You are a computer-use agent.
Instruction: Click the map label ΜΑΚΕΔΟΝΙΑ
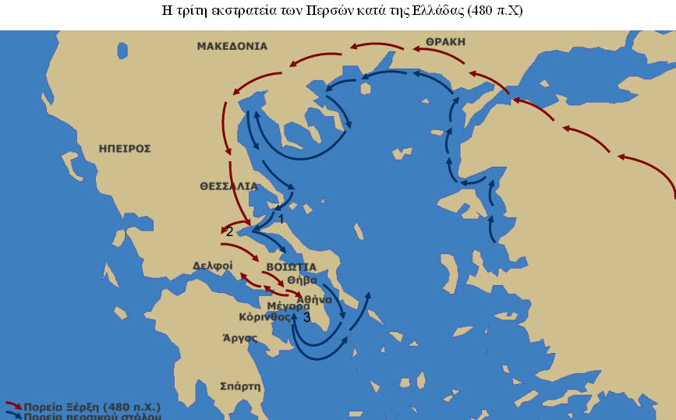[x=232, y=46]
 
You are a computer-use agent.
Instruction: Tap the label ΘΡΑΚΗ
[x=445, y=41]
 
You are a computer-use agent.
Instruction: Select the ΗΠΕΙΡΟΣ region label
[x=125, y=147]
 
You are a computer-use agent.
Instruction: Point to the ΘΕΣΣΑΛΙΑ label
[x=228, y=186]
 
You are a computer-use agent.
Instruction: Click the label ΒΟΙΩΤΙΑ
[x=291, y=266]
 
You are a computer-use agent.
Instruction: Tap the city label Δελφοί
[x=213, y=266]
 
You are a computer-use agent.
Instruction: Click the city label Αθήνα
[x=314, y=299]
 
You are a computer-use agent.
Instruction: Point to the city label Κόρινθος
[x=265, y=317]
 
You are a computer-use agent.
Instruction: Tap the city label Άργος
[x=240, y=338]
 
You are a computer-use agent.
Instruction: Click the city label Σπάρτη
[x=242, y=386]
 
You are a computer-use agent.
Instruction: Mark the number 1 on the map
[x=281, y=220]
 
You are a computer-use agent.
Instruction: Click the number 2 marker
[x=228, y=231]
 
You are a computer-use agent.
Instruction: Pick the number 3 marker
[x=306, y=318]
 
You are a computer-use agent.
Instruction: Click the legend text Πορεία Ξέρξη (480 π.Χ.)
[x=92, y=406]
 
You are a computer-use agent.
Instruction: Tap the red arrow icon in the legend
[x=13, y=406]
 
